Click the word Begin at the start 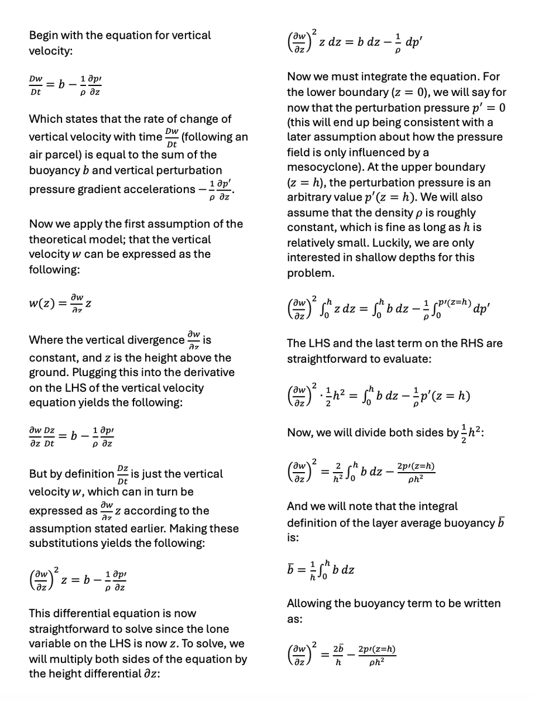(44, 36)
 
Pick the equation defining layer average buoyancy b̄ (326, 569)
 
